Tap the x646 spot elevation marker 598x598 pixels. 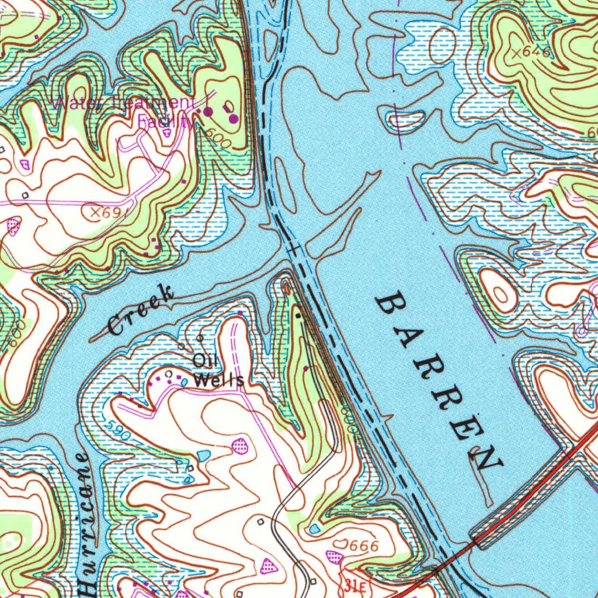tap(530, 53)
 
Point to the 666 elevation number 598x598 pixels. tap(363, 547)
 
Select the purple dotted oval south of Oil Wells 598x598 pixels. tap(239, 447)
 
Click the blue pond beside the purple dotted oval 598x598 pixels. tap(203, 455)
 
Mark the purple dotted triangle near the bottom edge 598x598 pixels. tap(269, 565)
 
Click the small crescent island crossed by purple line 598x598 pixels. tap(402, 119)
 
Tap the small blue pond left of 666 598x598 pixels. tap(315, 529)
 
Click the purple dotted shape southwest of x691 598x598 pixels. tap(13, 227)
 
